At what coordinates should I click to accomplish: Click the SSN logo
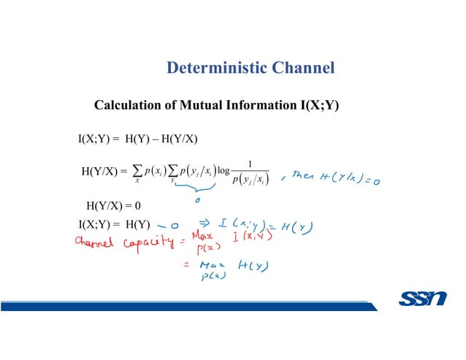424,299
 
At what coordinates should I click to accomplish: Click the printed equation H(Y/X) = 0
112,205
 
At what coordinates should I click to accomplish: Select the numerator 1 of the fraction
251,164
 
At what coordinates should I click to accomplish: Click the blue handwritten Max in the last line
211,267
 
